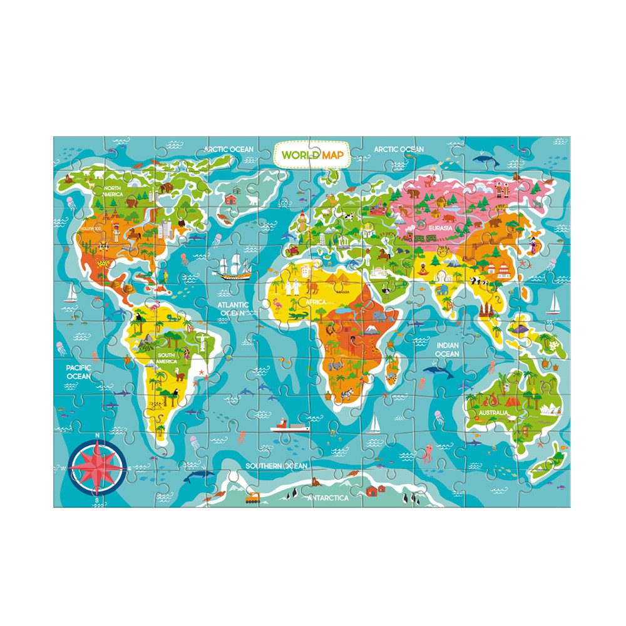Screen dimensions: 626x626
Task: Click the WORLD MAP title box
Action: click(x=312, y=155)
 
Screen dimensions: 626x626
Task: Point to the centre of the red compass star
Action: click(x=96, y=467)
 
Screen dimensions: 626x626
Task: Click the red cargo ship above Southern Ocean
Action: click(x=290, y=427)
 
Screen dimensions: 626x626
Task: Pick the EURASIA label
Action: click(x=440, y=228)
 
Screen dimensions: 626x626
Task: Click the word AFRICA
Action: click(x=317, y=301)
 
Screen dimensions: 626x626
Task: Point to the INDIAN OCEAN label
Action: click(x=447, y=349)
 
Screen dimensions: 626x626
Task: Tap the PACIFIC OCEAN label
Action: click(x=79, y=372)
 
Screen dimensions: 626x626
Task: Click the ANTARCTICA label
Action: click(x=328, y=498)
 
